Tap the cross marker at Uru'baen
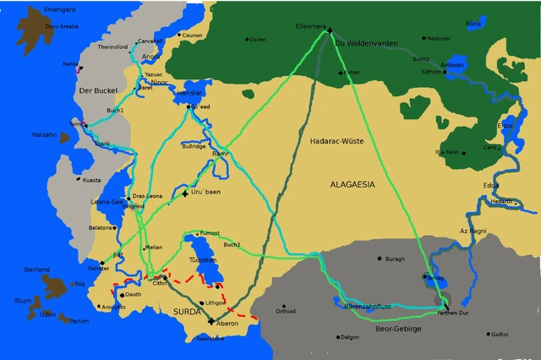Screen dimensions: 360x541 click(x=185, y=194)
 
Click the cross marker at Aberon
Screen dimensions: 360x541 click(x=211, y=321)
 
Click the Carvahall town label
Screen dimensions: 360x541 click(x=150, y=40)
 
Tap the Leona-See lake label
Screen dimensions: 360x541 click(x=107, y=202)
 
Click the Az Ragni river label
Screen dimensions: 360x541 click(x=473, y=230)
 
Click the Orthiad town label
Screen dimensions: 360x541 click(x=286, y=311)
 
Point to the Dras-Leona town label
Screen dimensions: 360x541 click(x=147, y=196)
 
